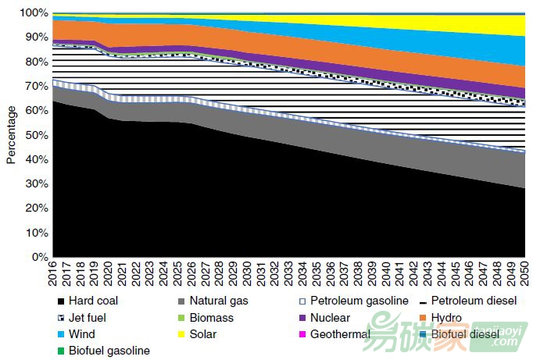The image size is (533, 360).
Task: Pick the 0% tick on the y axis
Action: tap(38, 257)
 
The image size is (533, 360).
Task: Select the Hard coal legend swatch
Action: tap(59, 301)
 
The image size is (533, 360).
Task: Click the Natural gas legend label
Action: tap(209, 301)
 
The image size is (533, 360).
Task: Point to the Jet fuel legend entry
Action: tap(87, 318)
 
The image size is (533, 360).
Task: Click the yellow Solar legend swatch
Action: tap(181, 334)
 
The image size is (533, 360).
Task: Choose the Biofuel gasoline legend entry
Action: tap(109, 351)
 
